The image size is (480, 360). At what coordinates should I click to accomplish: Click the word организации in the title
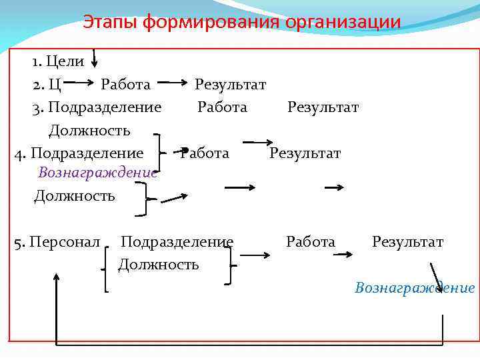click(343, 22)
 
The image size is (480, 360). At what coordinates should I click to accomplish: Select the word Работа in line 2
click(125, 85)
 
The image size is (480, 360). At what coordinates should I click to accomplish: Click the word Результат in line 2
click(230, 85)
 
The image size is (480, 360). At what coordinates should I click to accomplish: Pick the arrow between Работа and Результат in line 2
click(173, 84)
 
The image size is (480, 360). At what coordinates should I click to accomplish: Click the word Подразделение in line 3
click(105, 107)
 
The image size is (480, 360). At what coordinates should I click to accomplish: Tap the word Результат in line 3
click(323, 107)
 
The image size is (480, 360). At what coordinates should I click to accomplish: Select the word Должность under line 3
click(89, 129)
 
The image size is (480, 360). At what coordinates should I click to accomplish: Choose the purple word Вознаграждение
click(97, 173)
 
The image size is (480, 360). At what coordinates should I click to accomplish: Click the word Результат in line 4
click(305, 153)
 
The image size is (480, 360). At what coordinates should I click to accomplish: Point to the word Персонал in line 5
click(66, 241)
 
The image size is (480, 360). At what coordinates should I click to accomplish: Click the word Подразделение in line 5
click(177, 241)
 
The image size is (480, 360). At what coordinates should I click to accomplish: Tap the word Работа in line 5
click(311, 241)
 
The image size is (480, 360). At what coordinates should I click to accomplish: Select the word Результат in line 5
click(407, 241)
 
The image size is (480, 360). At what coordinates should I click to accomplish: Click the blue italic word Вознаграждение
click(415, 287)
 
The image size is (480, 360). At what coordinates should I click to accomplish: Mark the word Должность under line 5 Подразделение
click(158, 265)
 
